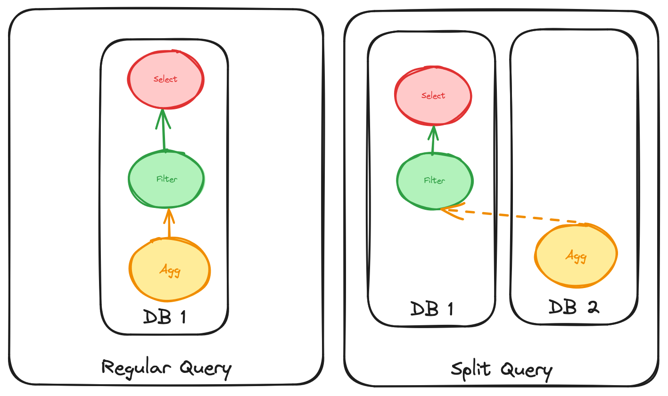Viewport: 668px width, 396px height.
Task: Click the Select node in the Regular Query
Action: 166,79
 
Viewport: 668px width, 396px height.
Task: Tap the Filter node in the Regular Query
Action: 166,179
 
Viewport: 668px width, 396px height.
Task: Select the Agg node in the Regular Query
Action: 170,271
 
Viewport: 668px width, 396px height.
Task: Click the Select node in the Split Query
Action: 433,96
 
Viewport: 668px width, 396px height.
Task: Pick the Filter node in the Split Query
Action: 435,181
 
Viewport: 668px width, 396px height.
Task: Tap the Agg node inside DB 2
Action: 576,256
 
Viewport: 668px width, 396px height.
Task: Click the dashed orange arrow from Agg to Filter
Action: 514,216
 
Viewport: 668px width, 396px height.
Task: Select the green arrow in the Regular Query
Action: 163,130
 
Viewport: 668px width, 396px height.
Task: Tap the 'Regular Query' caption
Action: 167,368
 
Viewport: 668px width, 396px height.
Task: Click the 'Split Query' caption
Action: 501,369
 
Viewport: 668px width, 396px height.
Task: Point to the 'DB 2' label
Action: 574,307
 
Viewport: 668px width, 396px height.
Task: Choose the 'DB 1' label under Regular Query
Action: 164,317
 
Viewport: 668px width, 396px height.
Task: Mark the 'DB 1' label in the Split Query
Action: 431,309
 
